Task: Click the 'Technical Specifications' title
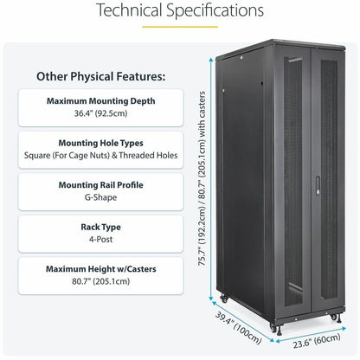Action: pyautogui.click(x=180, y=11)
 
